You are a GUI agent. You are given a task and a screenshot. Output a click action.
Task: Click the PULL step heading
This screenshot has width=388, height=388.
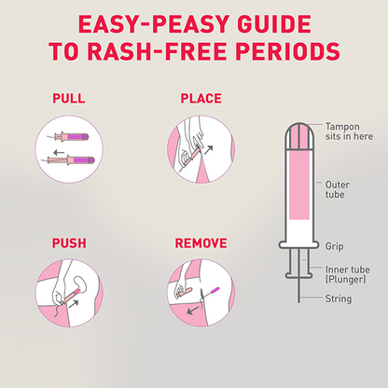coord(68,96)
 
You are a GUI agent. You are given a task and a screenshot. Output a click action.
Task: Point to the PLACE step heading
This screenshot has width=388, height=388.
coord(201,96)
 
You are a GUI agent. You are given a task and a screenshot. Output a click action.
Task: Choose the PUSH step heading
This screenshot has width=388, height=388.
coord(68,243)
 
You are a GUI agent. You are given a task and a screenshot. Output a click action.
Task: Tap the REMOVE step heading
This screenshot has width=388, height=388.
coord(201,243)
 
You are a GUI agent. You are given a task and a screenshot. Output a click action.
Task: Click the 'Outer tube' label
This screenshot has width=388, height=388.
coord(339,189)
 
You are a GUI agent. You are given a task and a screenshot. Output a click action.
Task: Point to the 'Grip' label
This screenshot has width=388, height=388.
coord(334,246)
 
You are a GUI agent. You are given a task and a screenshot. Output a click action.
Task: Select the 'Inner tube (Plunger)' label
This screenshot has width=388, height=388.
coord(346,275)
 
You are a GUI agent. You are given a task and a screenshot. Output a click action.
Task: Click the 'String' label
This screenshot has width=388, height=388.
coord(337,300)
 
